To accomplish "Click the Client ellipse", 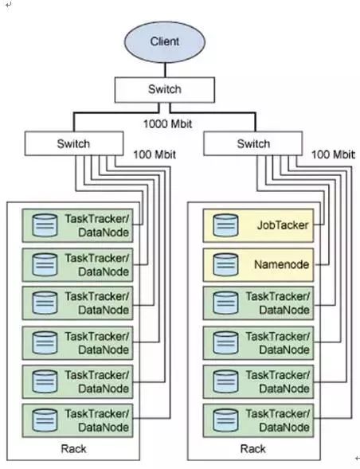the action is (x=165, y=42).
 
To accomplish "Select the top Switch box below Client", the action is (x=165, y=90).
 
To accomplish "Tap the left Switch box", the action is (x=74, y=143).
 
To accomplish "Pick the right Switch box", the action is (x=252, y=143).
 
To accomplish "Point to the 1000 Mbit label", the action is (x=167, y=124).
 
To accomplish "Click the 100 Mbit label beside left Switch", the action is (x=155, y=154).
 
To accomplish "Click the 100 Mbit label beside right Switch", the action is (x=333, y=154).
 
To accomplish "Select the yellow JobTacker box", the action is (x=258, y=225).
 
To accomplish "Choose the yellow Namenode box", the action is (x=258, y=264).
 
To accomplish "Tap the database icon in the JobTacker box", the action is (x=225, y=225).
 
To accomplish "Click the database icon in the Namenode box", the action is (x=225, y=264).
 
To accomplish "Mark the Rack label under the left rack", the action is (x=73, y=448).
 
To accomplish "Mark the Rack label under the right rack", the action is (x=252, y=448).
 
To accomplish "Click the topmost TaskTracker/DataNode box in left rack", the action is (x=77, y=225).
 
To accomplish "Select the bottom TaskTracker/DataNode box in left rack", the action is (x=77, y=421).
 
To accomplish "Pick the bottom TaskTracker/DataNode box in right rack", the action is (x=258, y=421).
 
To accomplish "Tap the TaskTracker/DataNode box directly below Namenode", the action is (x=258, y=303).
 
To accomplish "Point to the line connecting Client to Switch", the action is (x=165, y=70).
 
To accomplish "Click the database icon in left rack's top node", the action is (x=45, y=225).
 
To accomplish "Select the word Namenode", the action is (x=281, y=264).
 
